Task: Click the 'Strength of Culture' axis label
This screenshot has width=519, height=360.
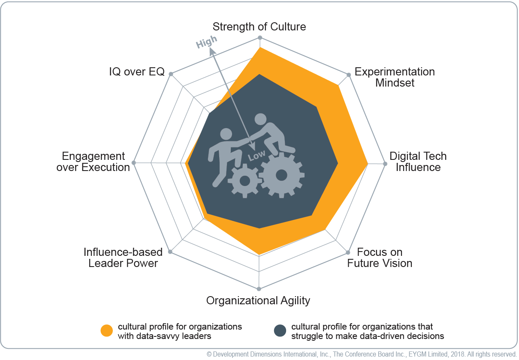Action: [259, 27]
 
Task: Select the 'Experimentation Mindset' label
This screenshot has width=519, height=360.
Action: [395, 77]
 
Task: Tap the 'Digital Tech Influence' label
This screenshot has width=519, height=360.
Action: [418, 162]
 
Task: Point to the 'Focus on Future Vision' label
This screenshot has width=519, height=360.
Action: [380, 258]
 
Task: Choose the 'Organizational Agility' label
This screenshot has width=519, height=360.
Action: [258, 301]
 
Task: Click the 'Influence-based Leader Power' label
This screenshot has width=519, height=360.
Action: [123, 258]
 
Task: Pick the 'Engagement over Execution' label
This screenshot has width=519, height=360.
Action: [93, 162]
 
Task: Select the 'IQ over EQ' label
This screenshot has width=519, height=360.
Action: [137, 72]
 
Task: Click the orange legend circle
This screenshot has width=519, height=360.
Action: [106, 330]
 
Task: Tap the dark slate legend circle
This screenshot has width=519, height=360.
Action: [280, 330]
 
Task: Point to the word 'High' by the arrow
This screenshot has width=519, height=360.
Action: [206, 42]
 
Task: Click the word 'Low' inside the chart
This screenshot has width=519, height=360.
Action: [256, 156]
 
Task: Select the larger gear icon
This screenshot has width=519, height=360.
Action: [281, 175]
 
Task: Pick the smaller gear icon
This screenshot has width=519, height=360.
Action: [245, 180]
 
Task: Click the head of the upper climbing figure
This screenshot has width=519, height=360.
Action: [261, 120]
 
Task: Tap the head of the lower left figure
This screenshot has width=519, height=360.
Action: [226, 134]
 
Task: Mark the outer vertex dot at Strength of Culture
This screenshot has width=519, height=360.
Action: [260, 38]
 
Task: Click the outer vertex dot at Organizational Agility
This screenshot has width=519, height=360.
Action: [259, 289]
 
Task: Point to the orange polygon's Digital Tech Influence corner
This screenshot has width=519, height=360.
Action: [368, 163]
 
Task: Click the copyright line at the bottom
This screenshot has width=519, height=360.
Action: [362, 354]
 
